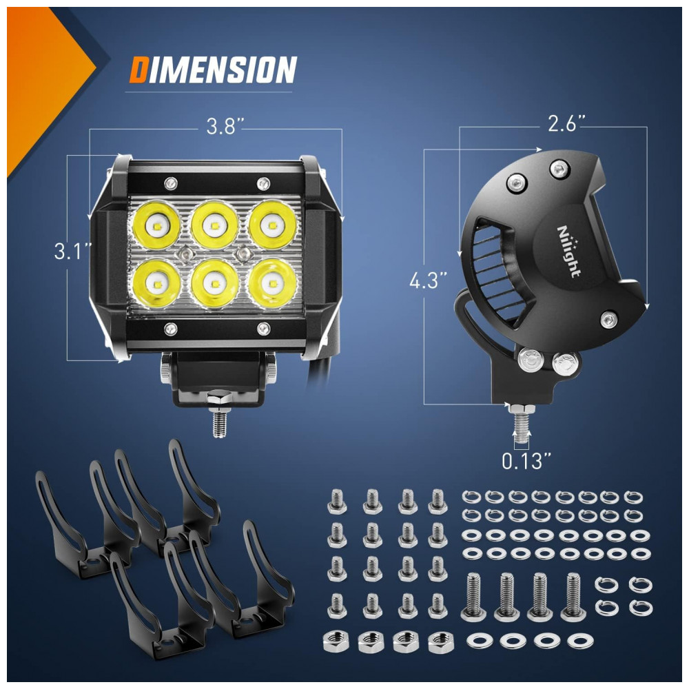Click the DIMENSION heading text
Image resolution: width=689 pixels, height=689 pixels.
(213, 70)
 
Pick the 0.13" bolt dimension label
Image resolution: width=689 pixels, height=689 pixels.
(526, 461)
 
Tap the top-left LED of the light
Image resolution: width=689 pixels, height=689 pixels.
(156, 225)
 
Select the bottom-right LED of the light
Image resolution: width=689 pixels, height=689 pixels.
(272, 282)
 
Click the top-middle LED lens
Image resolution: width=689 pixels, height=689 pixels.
(214, 225)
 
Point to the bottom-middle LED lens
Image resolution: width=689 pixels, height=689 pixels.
(214, 283)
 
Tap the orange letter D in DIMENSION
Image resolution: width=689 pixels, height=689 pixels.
(138, 70)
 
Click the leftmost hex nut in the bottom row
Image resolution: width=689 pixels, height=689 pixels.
(336, 641)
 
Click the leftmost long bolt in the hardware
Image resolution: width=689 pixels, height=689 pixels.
(473, 597)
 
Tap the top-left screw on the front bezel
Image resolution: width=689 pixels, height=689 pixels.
(170, 182)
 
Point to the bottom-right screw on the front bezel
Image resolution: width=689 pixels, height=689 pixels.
(263, 327)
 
